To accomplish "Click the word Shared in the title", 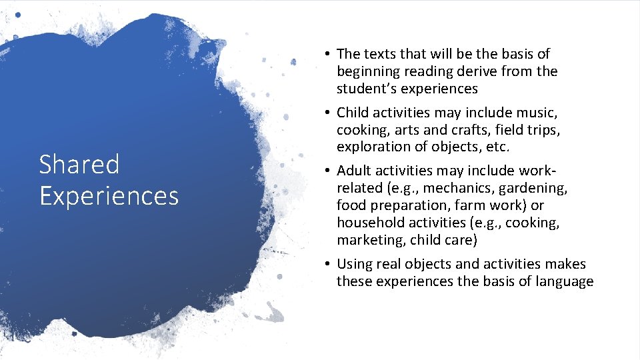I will pyautogui.click(x=79, y=164).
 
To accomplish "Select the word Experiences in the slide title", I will pyautogui.click(x=109, y=196).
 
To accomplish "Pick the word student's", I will pyautogui.click(x=367, y=89).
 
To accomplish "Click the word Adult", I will pyautogui.click(x=355, y=171).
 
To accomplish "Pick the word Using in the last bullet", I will pyautogui.click(x=357, y=265).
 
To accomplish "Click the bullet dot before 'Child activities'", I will pyautogui.click(x=329, y=111).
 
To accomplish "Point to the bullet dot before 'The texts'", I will pyautogui.click(x=329, y=54).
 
